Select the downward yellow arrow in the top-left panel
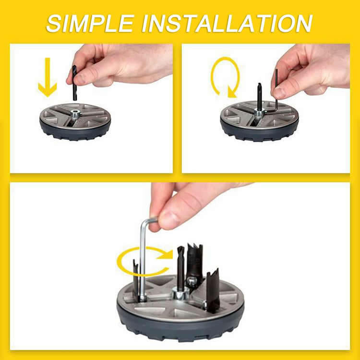pyautogui.click(x=47, y=76)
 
